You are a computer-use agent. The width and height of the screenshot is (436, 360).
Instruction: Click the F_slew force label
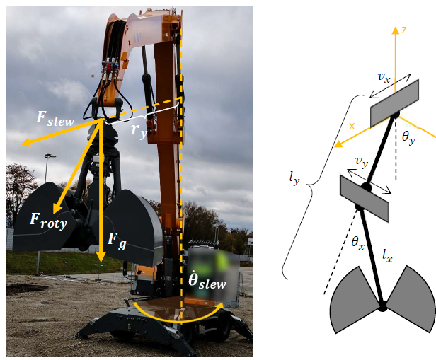[55, 119]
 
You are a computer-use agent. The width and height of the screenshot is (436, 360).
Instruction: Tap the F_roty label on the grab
[49, 221]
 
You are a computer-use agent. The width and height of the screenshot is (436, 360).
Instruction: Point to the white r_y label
[139, 131]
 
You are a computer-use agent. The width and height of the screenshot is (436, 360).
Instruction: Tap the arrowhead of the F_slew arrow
[26, 143]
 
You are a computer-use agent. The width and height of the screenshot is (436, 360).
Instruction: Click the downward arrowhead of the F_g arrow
[101, 257]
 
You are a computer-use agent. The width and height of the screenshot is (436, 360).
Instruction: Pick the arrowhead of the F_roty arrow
[57, 208]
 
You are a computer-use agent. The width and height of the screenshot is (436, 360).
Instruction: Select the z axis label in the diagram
[404, 30]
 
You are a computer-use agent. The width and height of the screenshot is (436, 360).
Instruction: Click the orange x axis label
[352, 127]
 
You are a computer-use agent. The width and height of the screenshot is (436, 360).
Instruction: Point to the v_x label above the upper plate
[384, 78]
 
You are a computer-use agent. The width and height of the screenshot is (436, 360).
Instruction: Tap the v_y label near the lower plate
[362, 162]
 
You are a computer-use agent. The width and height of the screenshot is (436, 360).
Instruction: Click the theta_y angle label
[409, 138]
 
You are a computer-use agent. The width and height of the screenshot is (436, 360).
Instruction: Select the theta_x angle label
[358, 243]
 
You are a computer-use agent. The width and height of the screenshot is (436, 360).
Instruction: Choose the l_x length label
[387, 256]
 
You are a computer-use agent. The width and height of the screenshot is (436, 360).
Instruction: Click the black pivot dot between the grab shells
[382, 306]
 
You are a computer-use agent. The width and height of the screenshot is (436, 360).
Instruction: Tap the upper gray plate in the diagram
[394, 103]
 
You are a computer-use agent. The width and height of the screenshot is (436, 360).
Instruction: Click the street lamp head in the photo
[50, 156]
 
